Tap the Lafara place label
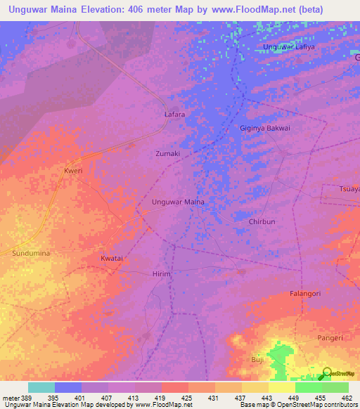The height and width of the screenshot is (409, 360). (x=174, y=113)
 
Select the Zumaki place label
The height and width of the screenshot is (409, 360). (x=167, y=153)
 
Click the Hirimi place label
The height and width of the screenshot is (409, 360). (x=162, y=274)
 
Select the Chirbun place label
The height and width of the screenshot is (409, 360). (x=265, y=221)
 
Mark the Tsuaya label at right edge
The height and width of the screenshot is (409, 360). (x=349, y=190)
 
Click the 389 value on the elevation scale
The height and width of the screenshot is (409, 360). (x=23, y=398)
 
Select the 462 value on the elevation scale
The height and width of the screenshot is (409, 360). (x=347, y=398)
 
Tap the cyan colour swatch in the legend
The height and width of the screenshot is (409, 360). (x=41, y=387)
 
